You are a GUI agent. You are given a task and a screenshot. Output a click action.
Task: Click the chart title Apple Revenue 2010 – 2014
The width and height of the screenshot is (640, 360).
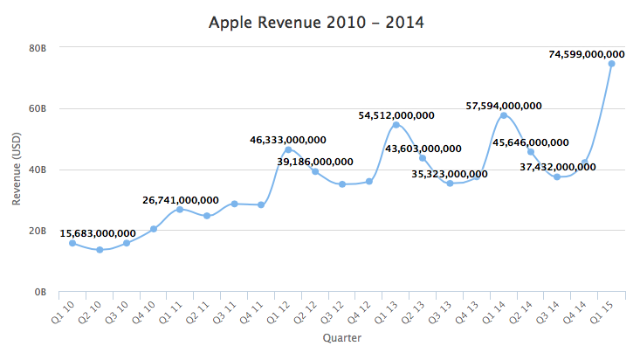(316, 22)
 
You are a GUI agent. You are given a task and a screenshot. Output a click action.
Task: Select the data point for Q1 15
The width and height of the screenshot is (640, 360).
(611, 64)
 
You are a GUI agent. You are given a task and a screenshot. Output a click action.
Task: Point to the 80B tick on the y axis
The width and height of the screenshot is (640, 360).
(38, 48)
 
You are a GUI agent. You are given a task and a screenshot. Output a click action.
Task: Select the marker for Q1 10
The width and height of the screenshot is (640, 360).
(72, 243)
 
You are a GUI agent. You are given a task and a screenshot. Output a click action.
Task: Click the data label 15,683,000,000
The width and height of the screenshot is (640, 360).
(98, 233)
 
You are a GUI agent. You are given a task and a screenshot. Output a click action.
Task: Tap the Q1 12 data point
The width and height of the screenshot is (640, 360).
(288, 149)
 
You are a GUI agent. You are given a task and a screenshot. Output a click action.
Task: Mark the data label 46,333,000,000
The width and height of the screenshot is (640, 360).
(288, 139)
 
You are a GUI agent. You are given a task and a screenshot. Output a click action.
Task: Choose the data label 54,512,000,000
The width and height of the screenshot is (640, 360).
(396, 114)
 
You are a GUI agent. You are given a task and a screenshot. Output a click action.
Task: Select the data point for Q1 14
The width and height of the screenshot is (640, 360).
(504, 115)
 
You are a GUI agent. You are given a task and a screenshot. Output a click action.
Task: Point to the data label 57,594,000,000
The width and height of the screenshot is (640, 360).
(504, 106)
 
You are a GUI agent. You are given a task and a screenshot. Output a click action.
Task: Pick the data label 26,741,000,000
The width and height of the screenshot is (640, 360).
(181, 200)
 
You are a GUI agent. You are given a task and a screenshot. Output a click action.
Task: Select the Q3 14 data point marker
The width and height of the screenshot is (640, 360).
(557, 177)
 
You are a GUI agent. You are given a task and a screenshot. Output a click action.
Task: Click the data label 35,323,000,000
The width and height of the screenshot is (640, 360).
(450, 174)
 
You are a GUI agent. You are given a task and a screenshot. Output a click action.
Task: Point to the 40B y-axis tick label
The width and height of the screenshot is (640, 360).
(38, 170)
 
